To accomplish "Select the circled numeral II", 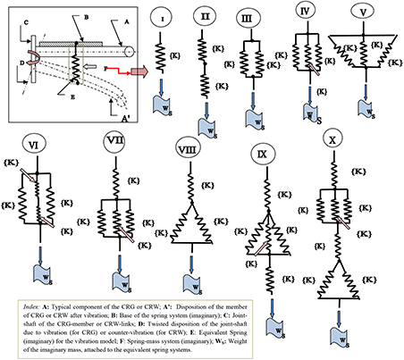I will coord(204,16).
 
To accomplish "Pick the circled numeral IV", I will coord(307,15).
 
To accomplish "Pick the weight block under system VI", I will coord(37,270).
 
